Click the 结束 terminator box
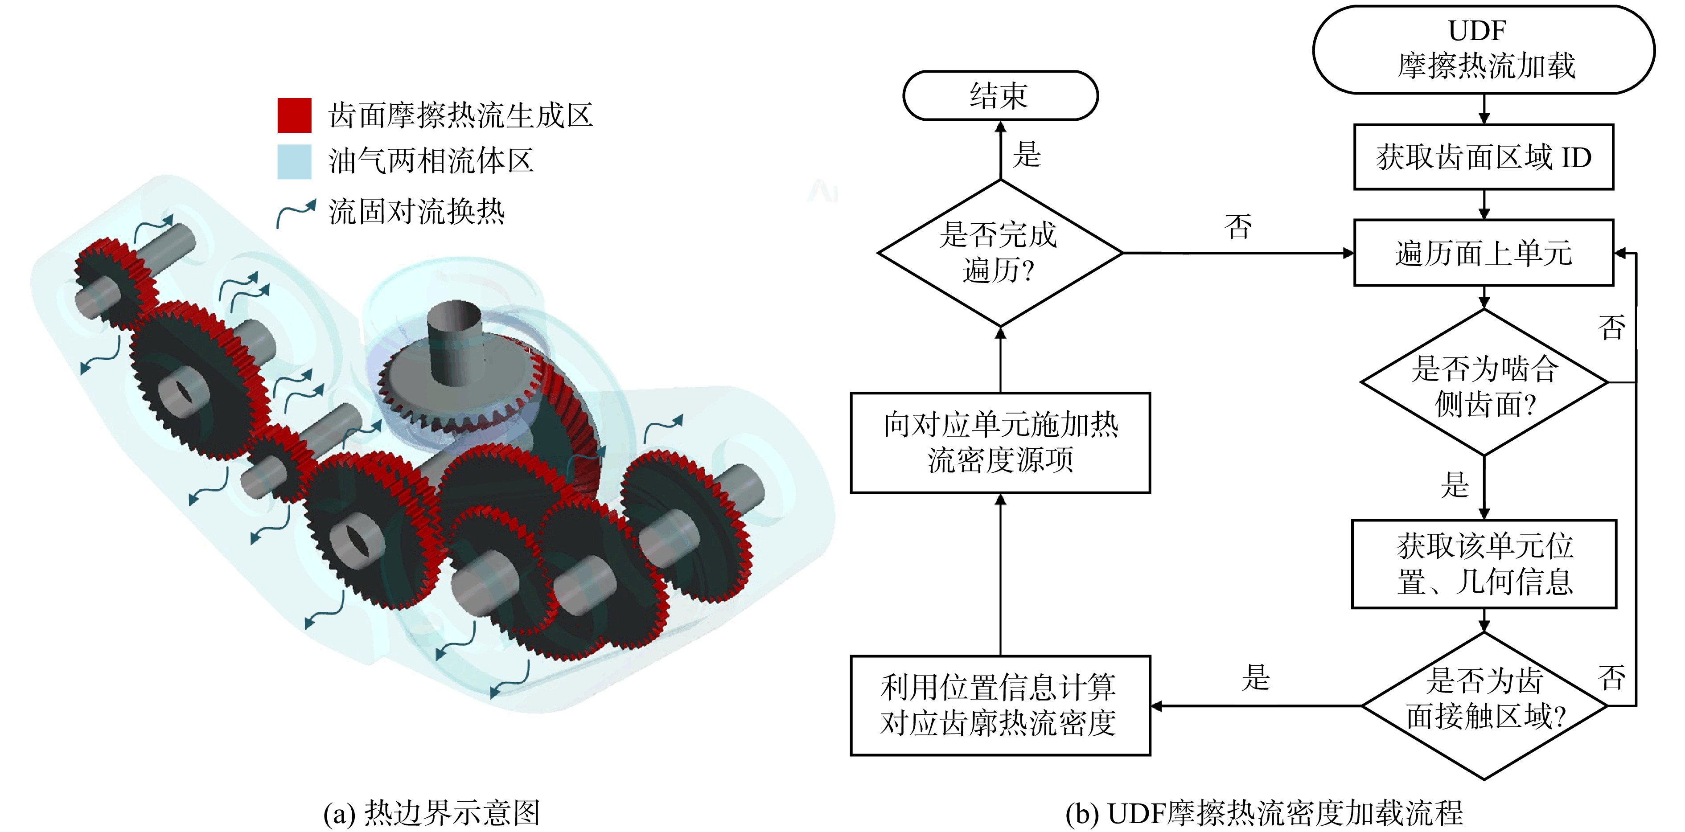click(x=1000, y=95)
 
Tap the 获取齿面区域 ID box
click(x=1484, y=157)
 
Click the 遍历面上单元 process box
click(x=1484, y=253)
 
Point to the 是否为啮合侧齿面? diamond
click(x=1484, y=382)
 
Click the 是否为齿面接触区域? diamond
click(x=1484, y=706)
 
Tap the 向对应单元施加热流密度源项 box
click(x=1000, y=443)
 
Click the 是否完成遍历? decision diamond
click(x=1000, y=253)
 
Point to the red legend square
click(x=294, y=115)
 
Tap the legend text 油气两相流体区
click(x=431, y=161)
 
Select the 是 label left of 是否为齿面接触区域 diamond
click(x=1255, y=678)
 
